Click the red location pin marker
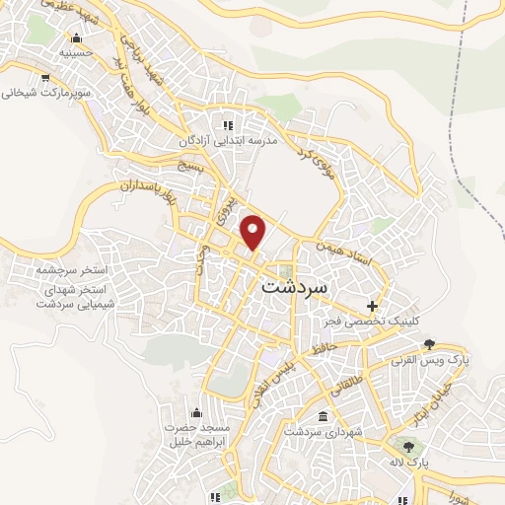tap(254, 233)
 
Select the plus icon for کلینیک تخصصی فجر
tap(372, 306)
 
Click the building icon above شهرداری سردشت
tap(325, 416)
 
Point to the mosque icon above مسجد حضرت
tap(195, 411)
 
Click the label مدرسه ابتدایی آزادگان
tap(230, 141)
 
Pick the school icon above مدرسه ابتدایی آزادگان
tap(229, 125)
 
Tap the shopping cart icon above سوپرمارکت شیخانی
tap(44, 76)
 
